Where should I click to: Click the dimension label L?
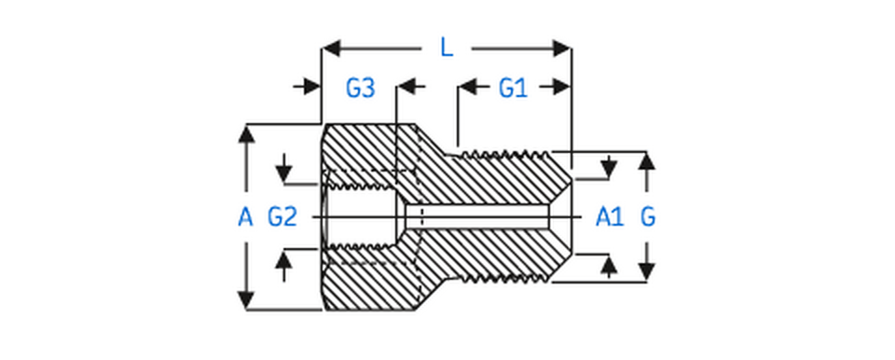click(447, 47)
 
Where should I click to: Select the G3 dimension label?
click(360, 89)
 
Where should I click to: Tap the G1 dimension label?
click(513, 89)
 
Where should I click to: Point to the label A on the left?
click(245, 217)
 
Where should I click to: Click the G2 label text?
click(282, 217)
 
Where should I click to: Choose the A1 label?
click(609, 217)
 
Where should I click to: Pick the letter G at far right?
click(648, 217)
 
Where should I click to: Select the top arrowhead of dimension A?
click(246, 133)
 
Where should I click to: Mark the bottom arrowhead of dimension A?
click(246, 300)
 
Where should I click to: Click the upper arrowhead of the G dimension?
click(646, 160)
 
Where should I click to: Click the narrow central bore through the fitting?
click(485, 216)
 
